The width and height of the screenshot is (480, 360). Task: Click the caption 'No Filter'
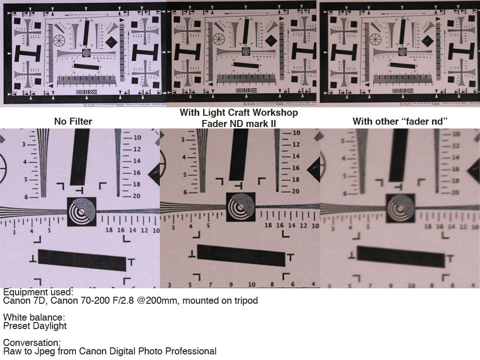73,121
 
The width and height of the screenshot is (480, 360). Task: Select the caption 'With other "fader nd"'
400,121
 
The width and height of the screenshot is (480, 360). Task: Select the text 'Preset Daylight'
35,326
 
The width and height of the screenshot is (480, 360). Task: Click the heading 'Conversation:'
32,343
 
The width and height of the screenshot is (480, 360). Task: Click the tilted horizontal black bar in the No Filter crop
82,260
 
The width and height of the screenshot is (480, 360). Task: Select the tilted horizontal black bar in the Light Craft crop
241,255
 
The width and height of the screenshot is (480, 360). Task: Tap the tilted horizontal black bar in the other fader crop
401,256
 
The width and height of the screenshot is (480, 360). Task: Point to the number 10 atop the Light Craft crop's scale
296,133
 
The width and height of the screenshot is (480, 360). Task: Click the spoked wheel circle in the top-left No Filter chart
60,41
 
